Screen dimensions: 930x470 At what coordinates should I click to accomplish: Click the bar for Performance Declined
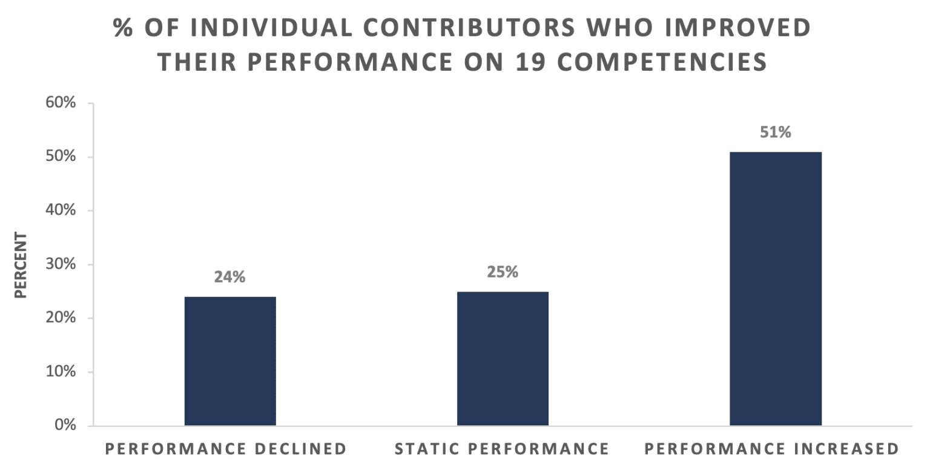[230, 361]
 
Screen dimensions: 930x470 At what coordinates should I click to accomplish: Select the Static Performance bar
[503, 359]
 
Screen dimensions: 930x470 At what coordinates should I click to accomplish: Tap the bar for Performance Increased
[776, 289]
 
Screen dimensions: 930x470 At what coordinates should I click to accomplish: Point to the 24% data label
[229, 276]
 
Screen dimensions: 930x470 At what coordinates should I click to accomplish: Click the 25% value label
[503, 272]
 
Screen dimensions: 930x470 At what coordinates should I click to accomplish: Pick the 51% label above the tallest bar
[776, 132]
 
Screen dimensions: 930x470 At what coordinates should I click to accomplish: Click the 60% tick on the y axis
[61, 102]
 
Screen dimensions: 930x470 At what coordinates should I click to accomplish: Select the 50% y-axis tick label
[61, 156]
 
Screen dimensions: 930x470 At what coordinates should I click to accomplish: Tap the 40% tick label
[61, 210]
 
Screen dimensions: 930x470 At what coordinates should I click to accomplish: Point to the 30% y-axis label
[61, 263]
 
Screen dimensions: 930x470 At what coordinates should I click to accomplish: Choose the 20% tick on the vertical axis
[61, 318]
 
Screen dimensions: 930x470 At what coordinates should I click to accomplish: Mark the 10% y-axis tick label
[61, 371]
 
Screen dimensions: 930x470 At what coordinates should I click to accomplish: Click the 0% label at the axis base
[65, 425]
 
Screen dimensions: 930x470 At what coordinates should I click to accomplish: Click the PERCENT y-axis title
[21, 265]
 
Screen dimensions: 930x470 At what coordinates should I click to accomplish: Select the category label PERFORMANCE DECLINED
[226, 449]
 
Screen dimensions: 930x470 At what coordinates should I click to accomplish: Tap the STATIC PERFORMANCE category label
[501, 449]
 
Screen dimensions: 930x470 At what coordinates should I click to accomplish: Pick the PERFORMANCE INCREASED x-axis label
[771, 449]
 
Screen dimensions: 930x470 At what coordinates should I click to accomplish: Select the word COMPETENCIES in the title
[662, 62]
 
